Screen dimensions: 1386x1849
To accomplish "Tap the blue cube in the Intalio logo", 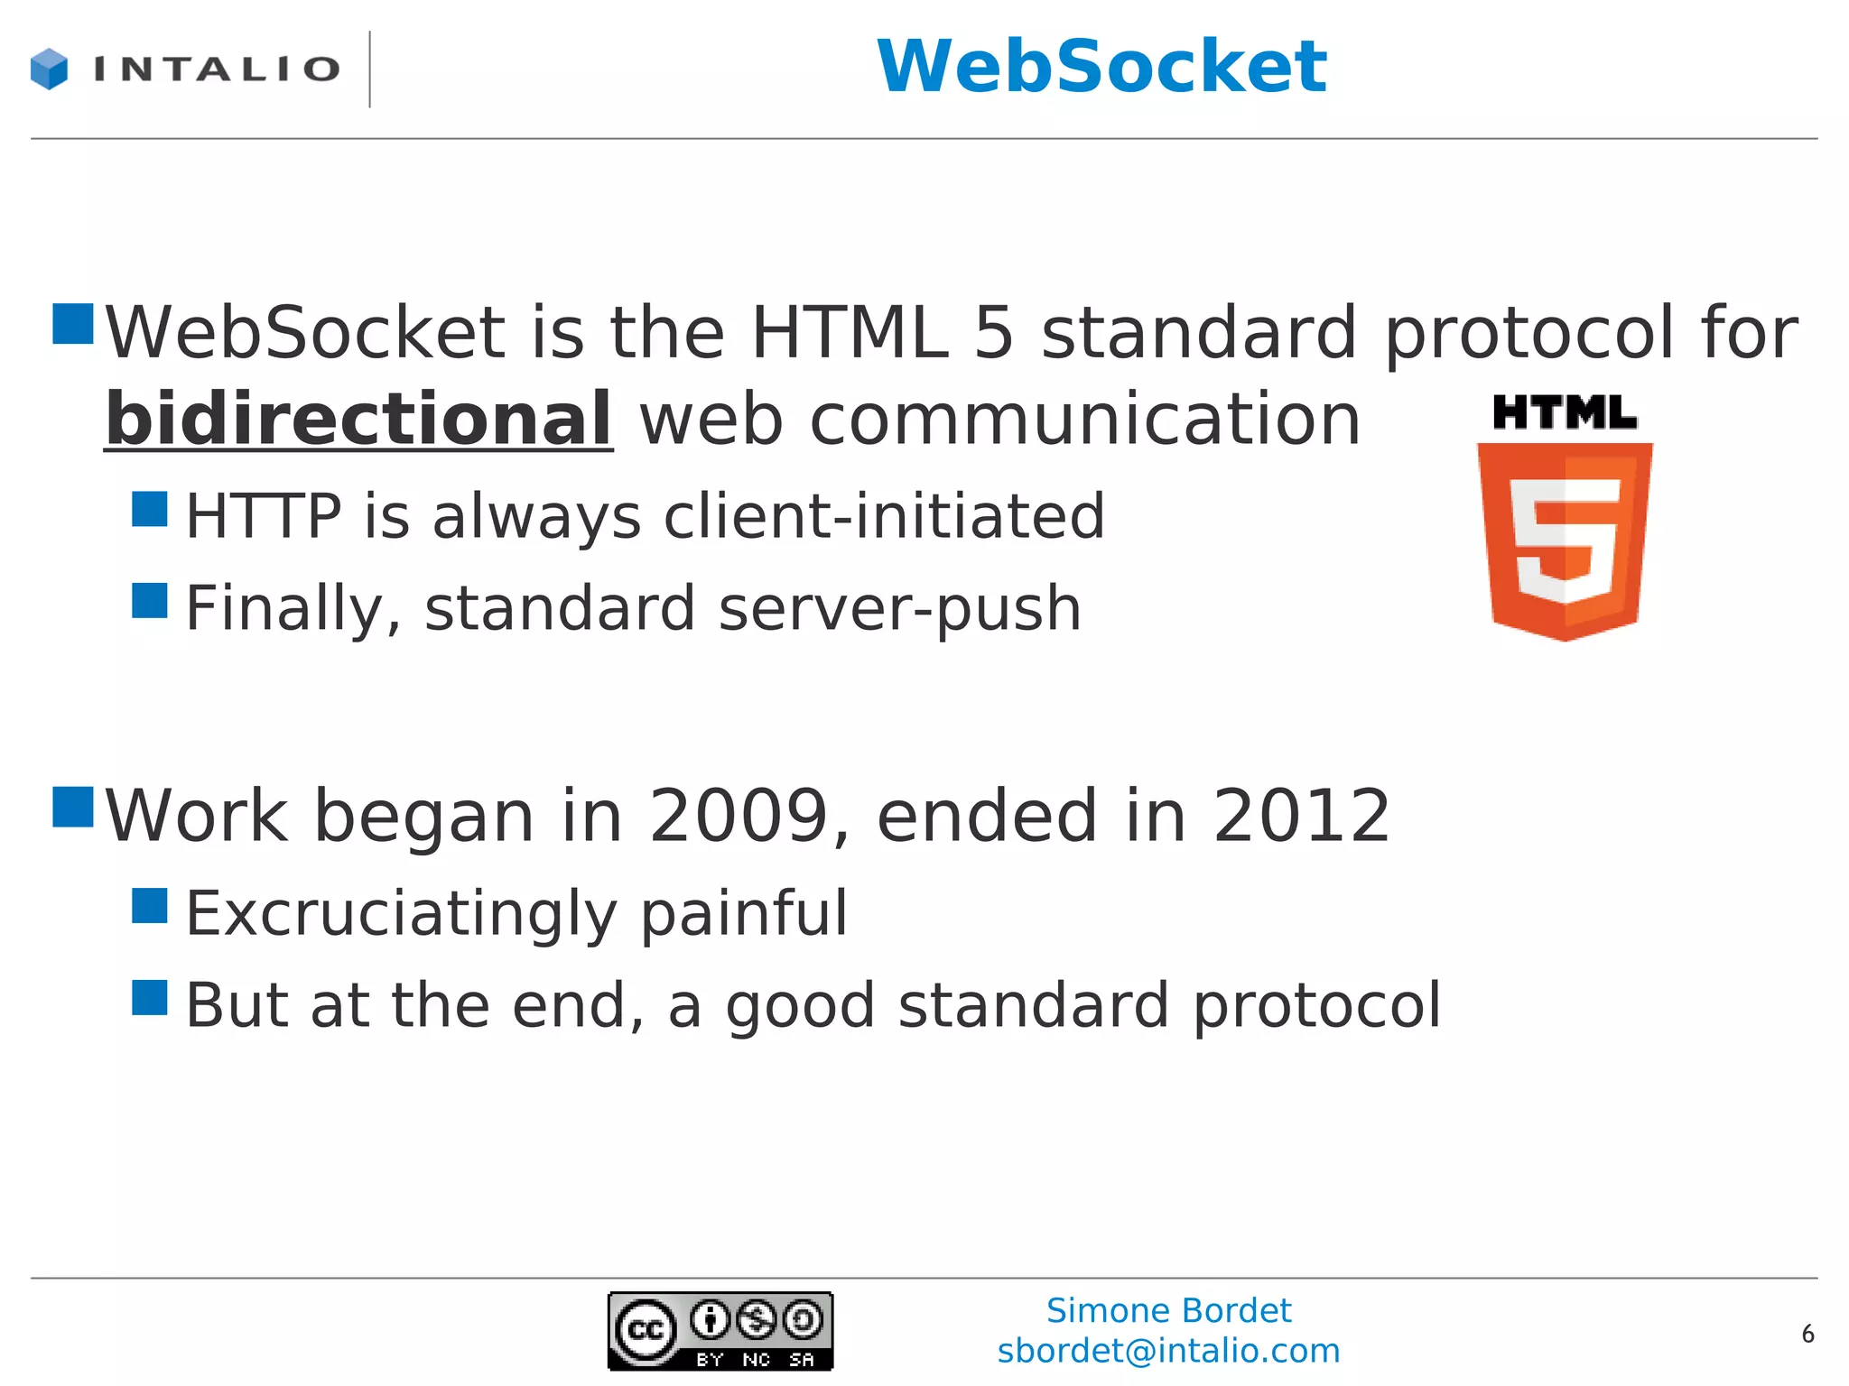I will point(49,69).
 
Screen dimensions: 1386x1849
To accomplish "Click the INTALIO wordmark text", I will point(217,69).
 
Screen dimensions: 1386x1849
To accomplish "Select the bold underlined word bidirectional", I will point(359,420).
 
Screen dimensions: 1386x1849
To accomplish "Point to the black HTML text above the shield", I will point(1565,412).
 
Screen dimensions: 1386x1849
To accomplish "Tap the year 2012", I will point(1301,816).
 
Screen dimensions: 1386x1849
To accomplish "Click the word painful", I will point(745,913).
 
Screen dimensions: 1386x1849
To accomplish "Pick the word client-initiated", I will point(884,516).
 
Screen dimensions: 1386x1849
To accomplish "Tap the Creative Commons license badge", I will point(720,1331).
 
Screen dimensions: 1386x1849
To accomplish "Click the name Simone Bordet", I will point(1168,1310).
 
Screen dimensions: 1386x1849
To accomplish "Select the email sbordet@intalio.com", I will point(1168,1351).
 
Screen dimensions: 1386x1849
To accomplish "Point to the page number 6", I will point(1807,1334).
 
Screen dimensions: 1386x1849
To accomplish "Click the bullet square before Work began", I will point(73,807).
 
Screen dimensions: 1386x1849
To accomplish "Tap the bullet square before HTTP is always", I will point(150,509).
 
